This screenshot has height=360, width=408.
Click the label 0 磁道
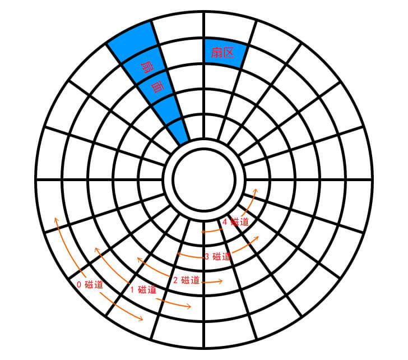click(x=90, y=284)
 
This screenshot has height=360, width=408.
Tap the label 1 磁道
click(x=143, y=289)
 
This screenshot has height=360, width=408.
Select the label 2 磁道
click(x=186, y=280)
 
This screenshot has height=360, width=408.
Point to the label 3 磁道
click(x=217, y=257)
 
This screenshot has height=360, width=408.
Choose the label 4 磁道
click(x=236, y=222)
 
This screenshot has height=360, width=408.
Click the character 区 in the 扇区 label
click(x=229, y=53)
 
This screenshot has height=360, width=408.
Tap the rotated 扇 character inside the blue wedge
click(x=147, y=67)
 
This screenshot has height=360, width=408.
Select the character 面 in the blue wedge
click(x=157, y=87)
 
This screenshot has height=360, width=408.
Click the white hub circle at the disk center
click(x=204, y=179)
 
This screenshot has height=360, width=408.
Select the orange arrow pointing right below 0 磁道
click(x=122, y=307)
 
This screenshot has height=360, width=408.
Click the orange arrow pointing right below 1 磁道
click(x=174, y=303)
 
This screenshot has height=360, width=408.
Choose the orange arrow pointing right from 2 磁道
click(x=212, y=281)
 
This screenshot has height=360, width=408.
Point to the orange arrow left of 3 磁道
click(x=191, y=256)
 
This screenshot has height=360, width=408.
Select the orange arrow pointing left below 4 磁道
click(x=212, y=230)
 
